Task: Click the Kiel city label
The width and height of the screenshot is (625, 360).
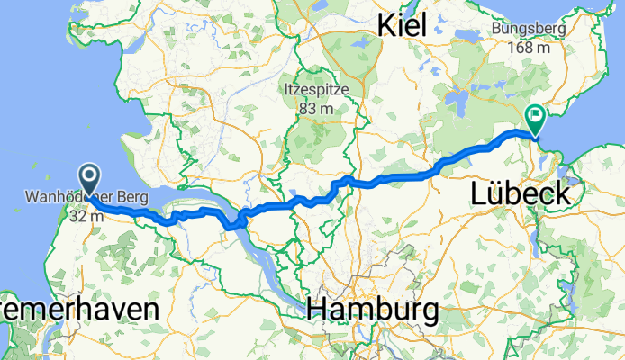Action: (403, 24)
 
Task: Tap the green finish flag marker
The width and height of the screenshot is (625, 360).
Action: (535, 116)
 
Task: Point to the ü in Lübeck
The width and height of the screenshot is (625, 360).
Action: (493, 193)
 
